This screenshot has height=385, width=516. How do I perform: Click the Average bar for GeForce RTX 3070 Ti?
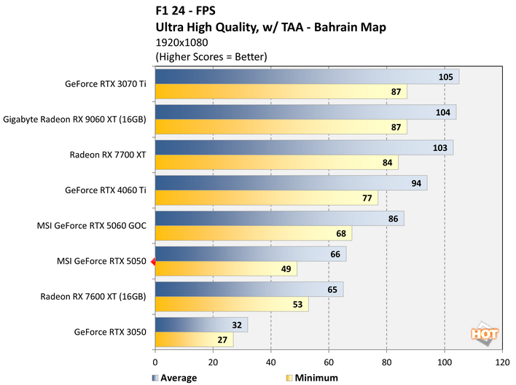click(x=306, y=77)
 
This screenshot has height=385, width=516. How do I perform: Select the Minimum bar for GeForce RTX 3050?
click(x=194, y=339)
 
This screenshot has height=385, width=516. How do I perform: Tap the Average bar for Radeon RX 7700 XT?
click(x=303, y=147)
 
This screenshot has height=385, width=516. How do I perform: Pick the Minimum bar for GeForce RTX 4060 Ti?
click(x=266, y=198)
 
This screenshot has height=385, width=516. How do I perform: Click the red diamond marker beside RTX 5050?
click(x=152, y=261)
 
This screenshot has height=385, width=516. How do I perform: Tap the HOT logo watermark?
click(x=483, y=334)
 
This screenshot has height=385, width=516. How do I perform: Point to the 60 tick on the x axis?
click(x=329, y=361)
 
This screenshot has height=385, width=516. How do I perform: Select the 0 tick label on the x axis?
click(x=155, y=361)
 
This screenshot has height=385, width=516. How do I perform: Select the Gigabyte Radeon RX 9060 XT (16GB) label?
click(x=75, y=119)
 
